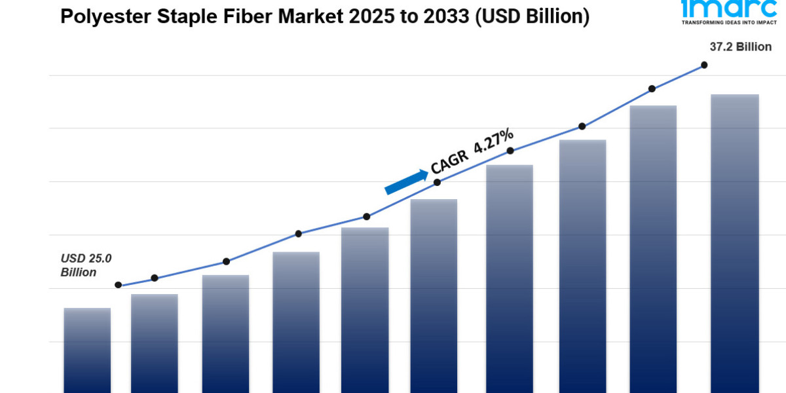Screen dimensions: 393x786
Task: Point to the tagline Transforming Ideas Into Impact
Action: [x=719, y=22]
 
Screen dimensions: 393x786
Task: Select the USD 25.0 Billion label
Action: [x=86, y=265]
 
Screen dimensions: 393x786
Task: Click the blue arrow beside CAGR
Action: [x=406, y=182]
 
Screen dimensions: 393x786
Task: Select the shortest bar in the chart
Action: [x=87, y=350]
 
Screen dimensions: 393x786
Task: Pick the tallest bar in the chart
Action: [x=735, y=242]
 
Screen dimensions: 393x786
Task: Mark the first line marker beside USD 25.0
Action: [x=119, y=285]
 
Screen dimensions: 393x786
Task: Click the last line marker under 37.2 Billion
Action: [x=704, y=65]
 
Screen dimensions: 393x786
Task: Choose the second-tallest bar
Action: [x=653, y=249]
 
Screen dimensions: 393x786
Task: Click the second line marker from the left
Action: [x=155, y=278]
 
